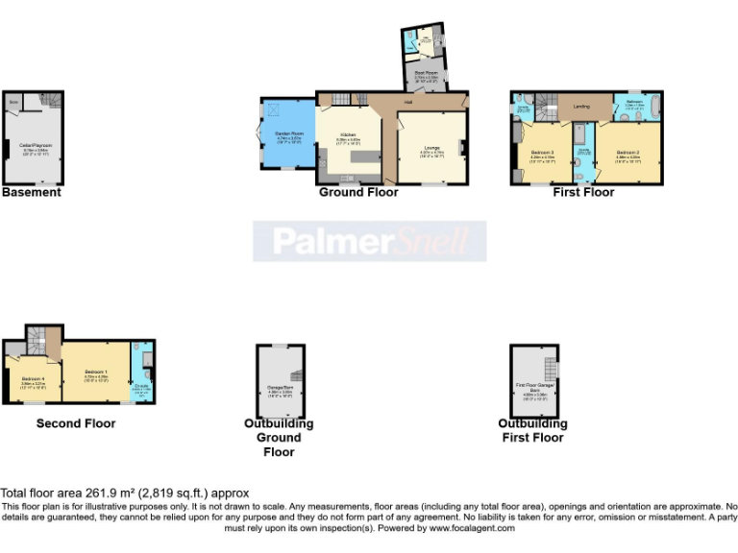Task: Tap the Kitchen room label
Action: coord(348,140)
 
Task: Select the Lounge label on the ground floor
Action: coord(430,150)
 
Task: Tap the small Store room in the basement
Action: coord(14,100)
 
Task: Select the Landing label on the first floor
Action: coord(580,107)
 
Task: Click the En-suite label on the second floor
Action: coord(140,387)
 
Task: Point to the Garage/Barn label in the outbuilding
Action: coord(280,389)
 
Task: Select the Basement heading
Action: coord(32,192)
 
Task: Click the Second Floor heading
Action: coord(76,423)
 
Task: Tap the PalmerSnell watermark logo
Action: coord(369,241)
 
